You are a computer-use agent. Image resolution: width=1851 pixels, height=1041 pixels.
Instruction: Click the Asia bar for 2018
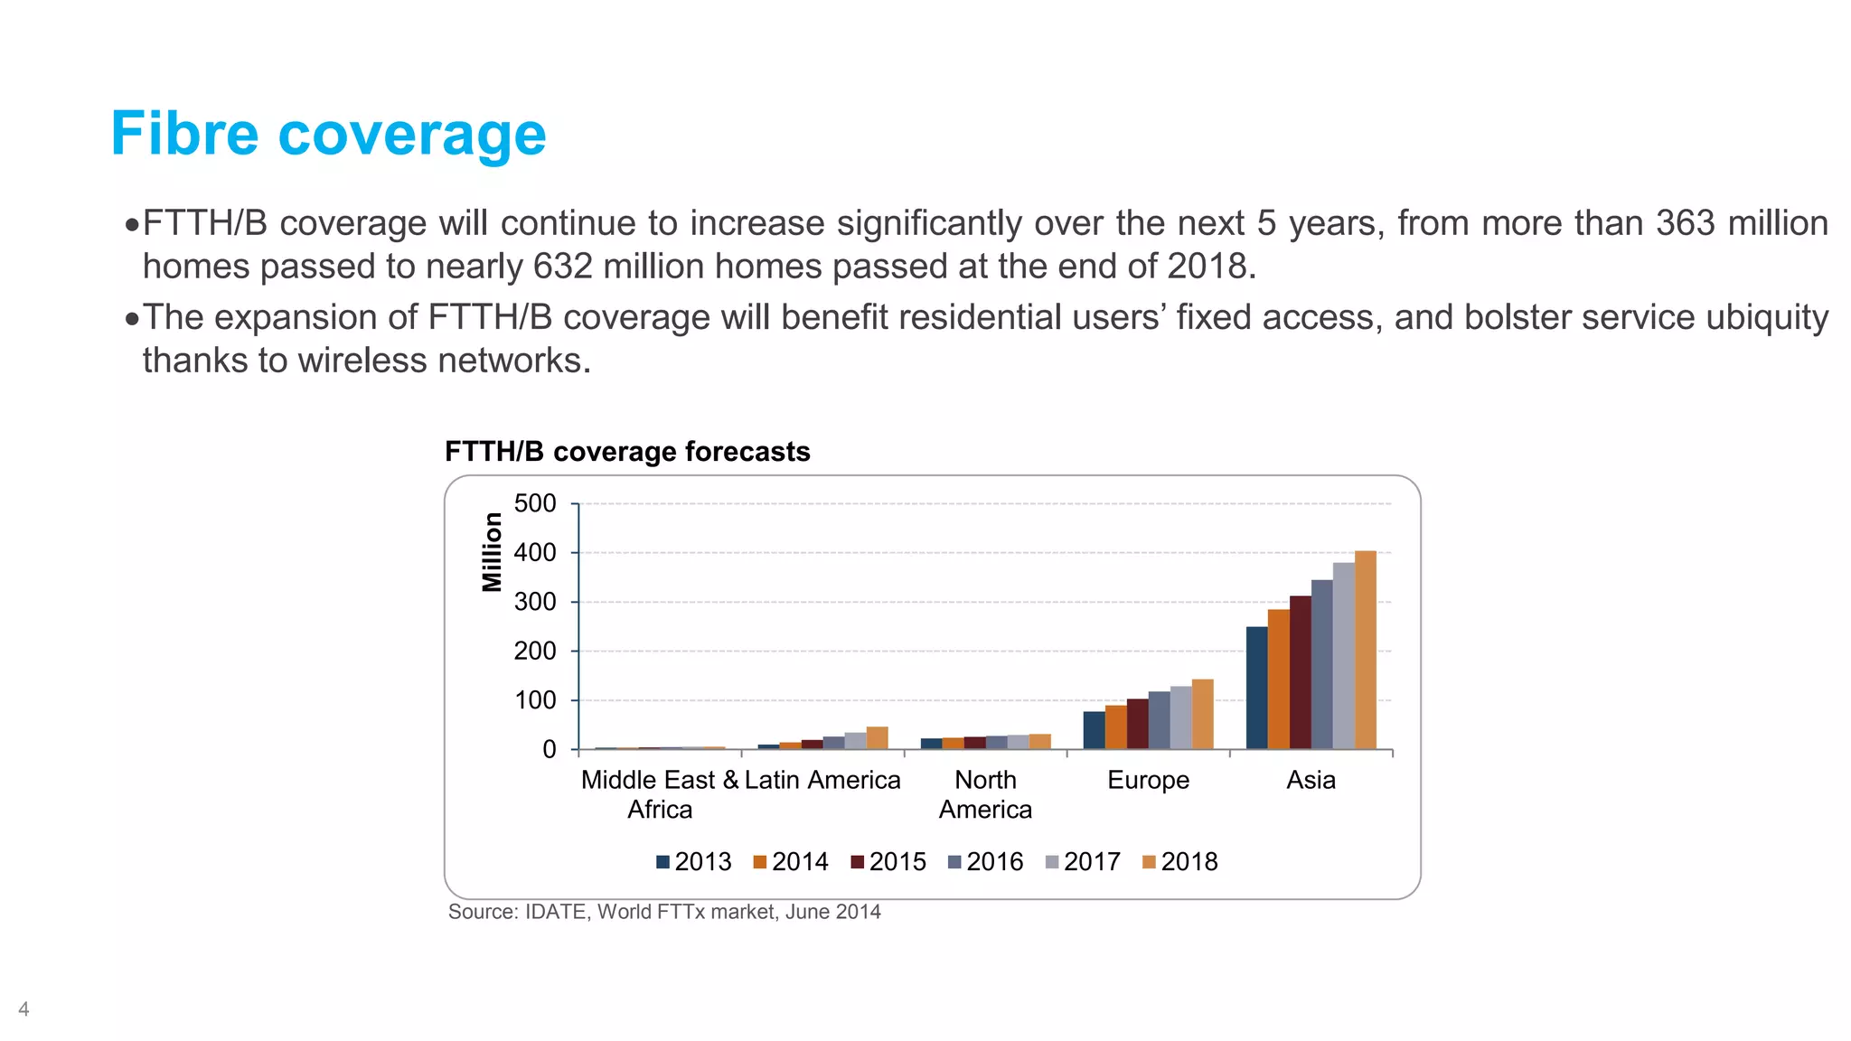[1365, 651]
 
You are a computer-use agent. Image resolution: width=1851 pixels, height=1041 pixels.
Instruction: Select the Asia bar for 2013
[1256, 689]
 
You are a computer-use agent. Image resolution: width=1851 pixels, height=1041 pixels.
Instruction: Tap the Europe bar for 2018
[1202, 715]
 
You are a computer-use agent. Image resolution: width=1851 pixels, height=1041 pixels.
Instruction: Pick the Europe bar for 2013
[1094, 731]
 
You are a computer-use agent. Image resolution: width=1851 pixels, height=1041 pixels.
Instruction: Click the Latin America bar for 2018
[877, 738]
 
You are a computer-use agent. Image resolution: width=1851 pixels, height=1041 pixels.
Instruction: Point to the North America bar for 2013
[931, 744]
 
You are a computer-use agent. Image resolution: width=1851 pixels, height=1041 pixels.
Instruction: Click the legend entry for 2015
[889, 862]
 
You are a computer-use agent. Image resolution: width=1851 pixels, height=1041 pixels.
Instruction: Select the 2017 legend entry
[1084, 862]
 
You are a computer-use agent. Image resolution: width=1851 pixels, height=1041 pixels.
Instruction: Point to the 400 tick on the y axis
[535, 553]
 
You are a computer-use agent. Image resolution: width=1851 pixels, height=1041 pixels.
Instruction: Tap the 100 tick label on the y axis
[535, 700]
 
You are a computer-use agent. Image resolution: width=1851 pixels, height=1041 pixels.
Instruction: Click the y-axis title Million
[492, 552]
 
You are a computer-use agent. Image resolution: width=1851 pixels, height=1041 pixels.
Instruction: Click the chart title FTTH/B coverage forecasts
[627, 452]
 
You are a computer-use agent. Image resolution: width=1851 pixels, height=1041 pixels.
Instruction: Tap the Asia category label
[1311, 780]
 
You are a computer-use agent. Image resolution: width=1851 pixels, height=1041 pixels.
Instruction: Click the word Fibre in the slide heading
[184, 135]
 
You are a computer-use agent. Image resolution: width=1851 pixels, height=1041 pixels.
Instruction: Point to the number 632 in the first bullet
[562, 267]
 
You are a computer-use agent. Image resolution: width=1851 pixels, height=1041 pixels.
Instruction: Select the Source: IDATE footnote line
[664, 912]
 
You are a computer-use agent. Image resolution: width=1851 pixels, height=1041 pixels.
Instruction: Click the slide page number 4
[23, 1009]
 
